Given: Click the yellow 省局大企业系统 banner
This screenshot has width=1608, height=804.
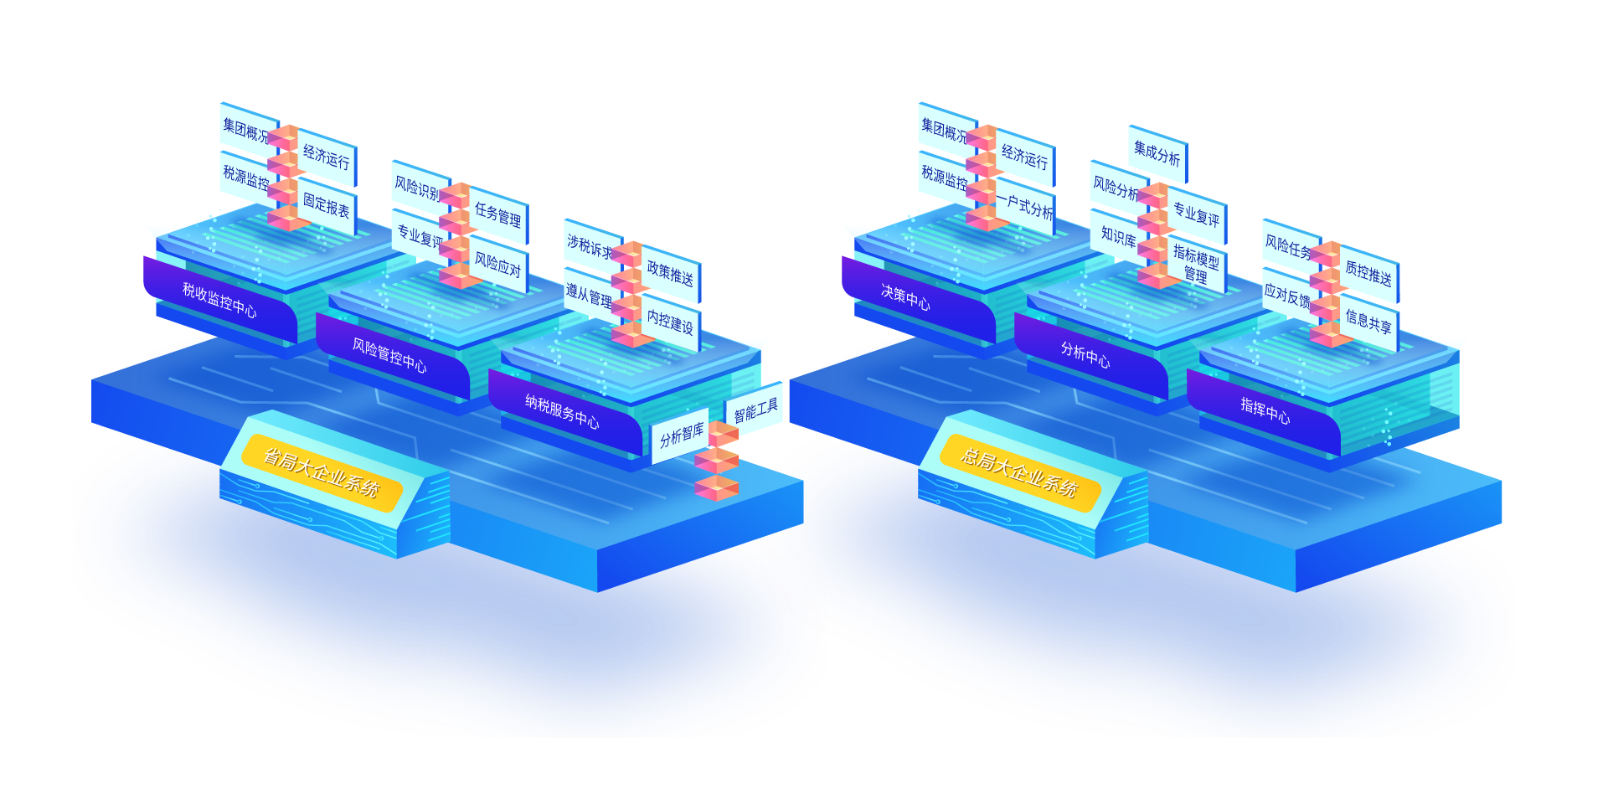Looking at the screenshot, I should [322, 473].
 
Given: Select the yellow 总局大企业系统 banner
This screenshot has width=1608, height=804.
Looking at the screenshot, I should [1019, 473].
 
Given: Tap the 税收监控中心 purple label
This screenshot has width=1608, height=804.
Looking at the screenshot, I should [219, 300].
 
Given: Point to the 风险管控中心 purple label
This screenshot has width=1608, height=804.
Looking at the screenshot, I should [389, 355].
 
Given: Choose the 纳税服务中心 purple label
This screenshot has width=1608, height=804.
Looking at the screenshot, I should [562, 410].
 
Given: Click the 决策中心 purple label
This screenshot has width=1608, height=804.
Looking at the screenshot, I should [905, 296].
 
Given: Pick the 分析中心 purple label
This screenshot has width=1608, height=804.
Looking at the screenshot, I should [1085, 354].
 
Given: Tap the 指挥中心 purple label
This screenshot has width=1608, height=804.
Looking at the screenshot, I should [1265, 410].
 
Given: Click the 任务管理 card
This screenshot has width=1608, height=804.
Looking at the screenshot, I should [498, 215].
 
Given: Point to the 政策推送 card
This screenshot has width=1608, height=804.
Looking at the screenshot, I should [670, 273].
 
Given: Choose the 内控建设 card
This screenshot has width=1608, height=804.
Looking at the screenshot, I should [670, 322].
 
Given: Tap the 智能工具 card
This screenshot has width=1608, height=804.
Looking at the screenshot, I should [755, 410].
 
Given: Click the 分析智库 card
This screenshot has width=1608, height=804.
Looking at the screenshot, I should [681, 435].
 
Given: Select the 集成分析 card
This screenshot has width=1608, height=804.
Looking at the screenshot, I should [1157, 152].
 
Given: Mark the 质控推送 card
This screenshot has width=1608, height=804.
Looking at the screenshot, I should [1368, 274].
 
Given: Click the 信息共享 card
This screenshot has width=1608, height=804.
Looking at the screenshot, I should [1368, 321].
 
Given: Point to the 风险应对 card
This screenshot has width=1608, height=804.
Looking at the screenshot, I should [498, 265].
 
